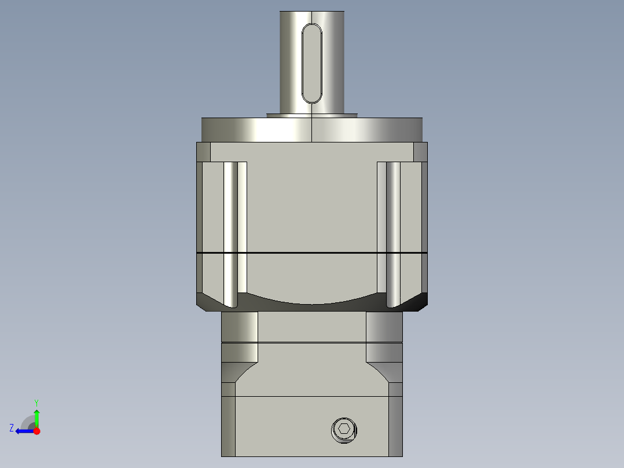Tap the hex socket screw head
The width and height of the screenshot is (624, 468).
[344, 430]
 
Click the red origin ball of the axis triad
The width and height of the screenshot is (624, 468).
[37, 431]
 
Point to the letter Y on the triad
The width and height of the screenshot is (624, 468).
[36, 402]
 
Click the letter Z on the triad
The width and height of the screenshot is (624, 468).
[12, 428]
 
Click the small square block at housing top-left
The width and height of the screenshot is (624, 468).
[203, 152]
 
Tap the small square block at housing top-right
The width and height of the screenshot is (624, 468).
[420, 152]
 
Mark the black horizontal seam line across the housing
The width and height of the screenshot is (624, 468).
[311, 253]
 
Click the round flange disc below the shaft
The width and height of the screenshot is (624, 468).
[311, 130]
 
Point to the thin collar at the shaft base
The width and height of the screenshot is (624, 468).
[311, 115]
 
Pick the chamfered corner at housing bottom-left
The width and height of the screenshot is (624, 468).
[206, 301]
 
